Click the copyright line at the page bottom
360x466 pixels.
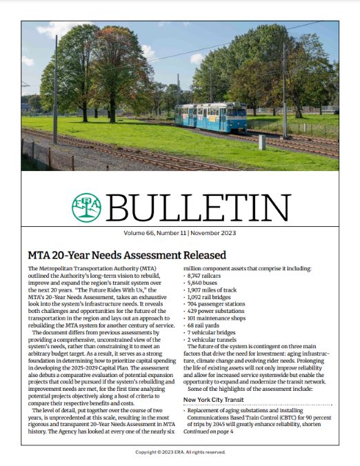click(179, 453)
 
